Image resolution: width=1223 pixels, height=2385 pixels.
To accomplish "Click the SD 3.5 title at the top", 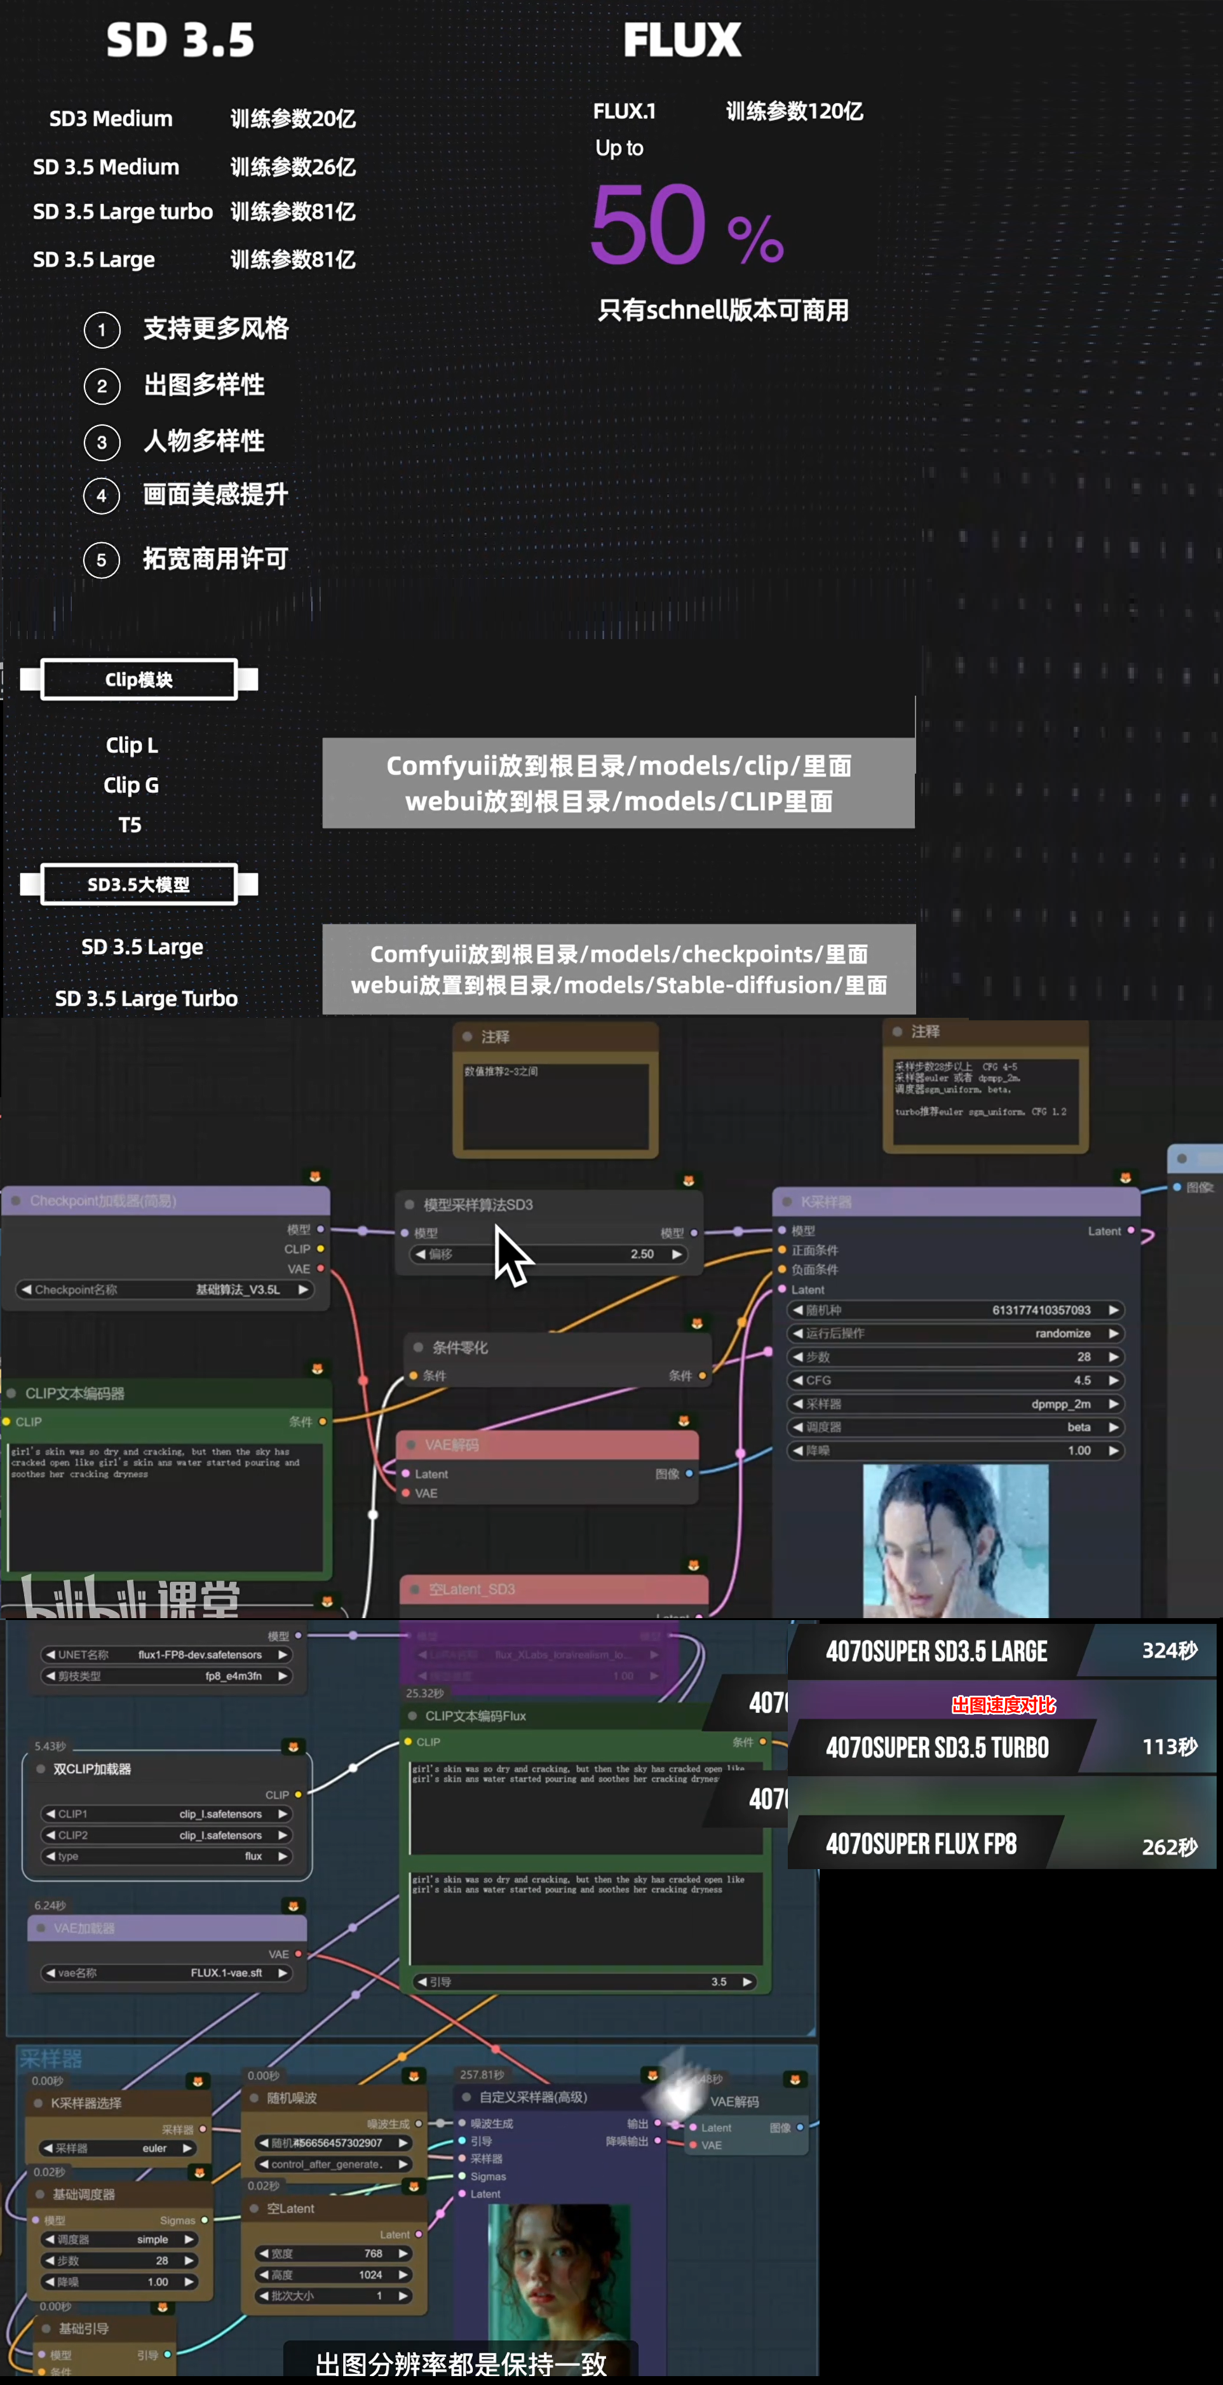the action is point(180,41).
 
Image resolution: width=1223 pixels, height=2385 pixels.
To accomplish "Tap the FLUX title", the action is point(682,41).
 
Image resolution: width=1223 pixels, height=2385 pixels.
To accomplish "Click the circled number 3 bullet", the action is point(102,443).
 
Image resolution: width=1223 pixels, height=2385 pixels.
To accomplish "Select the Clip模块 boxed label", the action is point(139,680).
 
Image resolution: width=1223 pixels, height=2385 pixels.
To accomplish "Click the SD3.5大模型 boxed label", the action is point(139,884).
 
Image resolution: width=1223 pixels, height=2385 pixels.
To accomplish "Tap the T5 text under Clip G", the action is point(130,825).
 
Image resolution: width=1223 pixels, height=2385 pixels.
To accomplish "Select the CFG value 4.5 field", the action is point(1081,1379).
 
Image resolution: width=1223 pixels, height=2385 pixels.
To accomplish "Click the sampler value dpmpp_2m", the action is point(1060,1403).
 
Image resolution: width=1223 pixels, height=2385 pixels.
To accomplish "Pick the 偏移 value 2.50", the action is point(642,1253).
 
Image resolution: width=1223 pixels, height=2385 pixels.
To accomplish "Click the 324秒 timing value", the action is point(1169,1650).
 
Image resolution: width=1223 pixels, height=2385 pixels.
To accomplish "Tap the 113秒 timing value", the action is point(1169,1746).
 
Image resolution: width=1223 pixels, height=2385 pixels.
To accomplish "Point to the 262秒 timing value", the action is point(1169,1846).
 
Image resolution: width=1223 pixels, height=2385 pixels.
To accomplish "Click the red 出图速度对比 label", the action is point(1004,1705).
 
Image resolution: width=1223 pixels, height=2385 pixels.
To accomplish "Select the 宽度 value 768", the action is point(373,2253).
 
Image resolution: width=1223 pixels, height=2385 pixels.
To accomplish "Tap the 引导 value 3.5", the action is point(719,1982).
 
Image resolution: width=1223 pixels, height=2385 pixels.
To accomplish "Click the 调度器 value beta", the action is point(1079,1427).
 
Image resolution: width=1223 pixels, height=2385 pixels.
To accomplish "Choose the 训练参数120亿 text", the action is point(794,112).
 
